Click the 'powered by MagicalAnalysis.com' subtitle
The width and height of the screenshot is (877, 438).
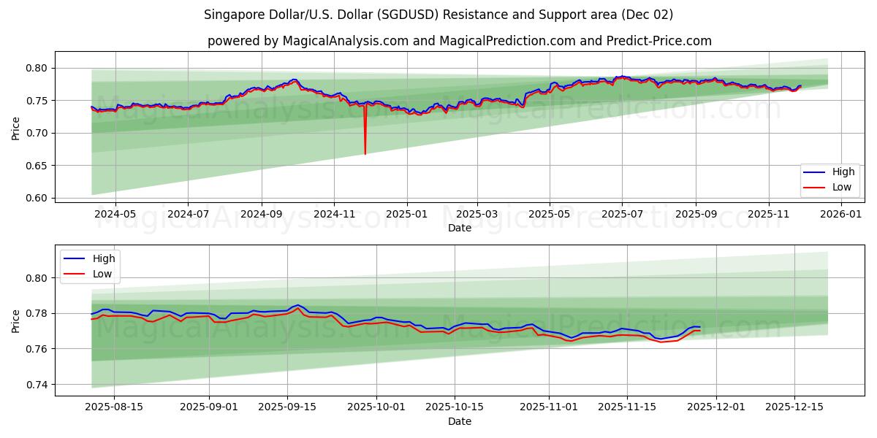pos(459,41)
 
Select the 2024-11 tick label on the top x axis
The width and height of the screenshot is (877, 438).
pos(334,215)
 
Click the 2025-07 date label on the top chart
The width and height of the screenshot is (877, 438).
pos(623,215)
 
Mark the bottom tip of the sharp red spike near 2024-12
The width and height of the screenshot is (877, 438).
pos(365,154)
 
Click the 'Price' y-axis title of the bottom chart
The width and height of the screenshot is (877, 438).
pos(16,320)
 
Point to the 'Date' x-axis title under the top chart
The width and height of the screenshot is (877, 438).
pos(459,228)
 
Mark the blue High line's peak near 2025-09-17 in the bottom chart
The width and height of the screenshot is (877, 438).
pos(297,305)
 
